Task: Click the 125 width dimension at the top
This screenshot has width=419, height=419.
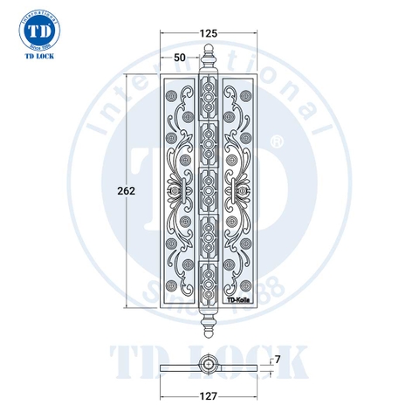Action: (208, 33)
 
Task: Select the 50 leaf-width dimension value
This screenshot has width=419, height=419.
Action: (179, 57)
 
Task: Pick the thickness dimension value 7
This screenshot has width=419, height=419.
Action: (277, 359)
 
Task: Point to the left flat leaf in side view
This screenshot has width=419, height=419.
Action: (179, 367)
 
